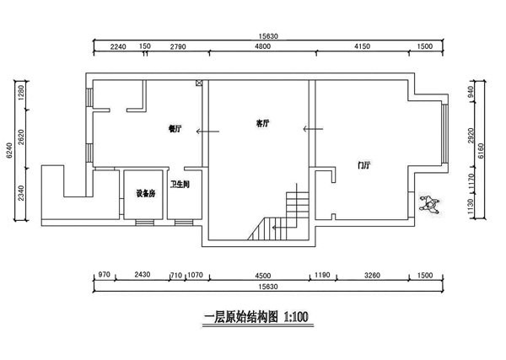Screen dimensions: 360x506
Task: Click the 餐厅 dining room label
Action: (175, 129)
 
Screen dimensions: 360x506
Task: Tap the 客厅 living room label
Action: (262, 123)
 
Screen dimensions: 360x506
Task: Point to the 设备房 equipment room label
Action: (145, 193)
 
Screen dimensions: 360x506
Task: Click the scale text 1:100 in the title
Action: (293, 318)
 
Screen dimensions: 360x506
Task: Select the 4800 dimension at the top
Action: (261, 47)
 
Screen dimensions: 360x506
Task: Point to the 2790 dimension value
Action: (177, 47)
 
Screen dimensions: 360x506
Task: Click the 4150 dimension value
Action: (361, 47)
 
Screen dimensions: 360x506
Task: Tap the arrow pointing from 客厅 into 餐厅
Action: (203, 131)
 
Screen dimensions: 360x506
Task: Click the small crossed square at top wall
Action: (199, 83)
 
